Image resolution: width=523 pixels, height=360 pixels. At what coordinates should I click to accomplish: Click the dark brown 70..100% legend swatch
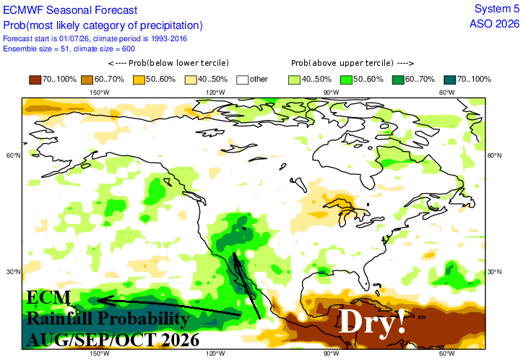point(35,80)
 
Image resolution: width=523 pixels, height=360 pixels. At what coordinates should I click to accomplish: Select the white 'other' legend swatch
point(243,80)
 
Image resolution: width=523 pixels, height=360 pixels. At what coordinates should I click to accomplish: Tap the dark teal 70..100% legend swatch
point(450,80)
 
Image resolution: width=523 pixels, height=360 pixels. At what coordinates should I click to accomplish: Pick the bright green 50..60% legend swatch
point(346,80)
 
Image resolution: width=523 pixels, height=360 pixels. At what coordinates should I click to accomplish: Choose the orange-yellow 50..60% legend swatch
point(139,80)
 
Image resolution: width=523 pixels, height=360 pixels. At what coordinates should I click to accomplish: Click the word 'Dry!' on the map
point(371,321)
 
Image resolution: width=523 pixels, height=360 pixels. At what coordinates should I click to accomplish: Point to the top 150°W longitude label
point(100,93)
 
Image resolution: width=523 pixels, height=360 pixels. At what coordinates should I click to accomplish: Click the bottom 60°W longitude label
point(446,353)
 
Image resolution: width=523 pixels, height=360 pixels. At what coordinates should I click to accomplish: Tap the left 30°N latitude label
point(13,272)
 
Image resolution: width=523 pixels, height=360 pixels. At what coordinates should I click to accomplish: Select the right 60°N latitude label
point(494,155)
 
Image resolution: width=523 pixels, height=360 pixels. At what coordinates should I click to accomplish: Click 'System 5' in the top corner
point(497,9)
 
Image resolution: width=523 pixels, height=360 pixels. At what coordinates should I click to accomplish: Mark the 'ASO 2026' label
point(495,24)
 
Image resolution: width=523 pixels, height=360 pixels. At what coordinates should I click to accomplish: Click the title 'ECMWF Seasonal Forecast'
point(70,10)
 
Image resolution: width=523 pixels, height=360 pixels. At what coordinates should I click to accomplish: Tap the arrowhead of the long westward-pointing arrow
point(98,300)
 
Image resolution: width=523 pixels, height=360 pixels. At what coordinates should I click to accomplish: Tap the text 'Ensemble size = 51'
point(35,48)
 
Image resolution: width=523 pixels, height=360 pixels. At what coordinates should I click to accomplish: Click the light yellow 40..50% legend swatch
point(191,80)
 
